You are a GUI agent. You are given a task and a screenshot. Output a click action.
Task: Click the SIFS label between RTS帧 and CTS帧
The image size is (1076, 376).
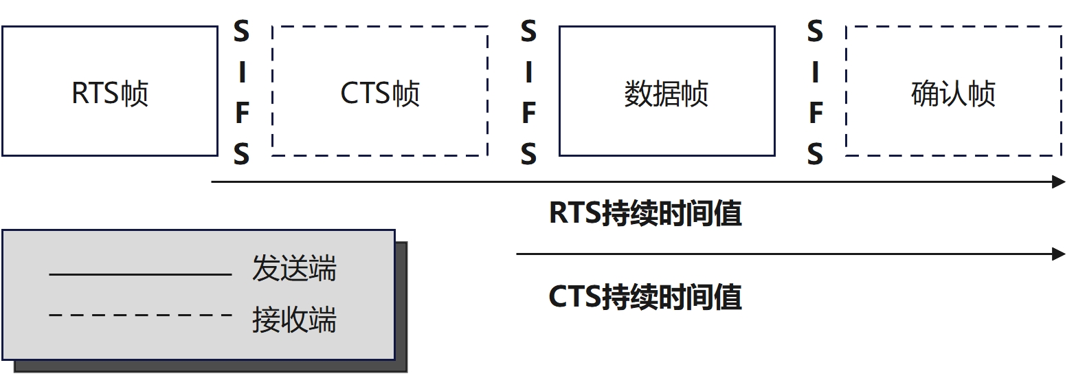(241, 93)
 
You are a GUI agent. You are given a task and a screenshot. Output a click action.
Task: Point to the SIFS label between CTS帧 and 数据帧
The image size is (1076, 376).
(528, 93)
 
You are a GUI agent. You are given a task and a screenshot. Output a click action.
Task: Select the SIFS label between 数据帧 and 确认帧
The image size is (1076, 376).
(815, 93)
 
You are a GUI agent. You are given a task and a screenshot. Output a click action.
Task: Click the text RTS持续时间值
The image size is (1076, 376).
(645, 214)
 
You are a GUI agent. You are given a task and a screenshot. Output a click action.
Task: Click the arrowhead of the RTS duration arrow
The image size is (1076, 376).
(1059, 182)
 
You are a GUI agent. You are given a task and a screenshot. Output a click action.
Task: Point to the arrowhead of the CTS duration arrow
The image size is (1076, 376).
(1059, 254)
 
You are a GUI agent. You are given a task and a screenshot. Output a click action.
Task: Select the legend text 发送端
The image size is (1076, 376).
(294, 269)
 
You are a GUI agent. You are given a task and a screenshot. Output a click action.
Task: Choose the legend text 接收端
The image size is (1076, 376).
(294, 320)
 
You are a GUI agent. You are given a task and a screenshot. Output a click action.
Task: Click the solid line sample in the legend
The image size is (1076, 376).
(140, 275)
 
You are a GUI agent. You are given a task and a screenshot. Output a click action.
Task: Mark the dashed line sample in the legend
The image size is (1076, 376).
(140, 316)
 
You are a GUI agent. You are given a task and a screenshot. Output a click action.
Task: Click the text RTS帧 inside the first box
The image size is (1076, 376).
(110, 94)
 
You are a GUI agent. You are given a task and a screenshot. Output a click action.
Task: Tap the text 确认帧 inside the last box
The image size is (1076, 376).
(953, 94)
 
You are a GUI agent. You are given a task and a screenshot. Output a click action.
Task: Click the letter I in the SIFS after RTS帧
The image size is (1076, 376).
(241, 72)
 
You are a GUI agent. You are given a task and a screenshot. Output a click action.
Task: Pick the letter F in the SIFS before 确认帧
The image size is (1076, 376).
(815, 114)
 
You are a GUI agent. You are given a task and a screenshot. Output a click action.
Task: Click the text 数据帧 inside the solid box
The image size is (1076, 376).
(666, 94)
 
